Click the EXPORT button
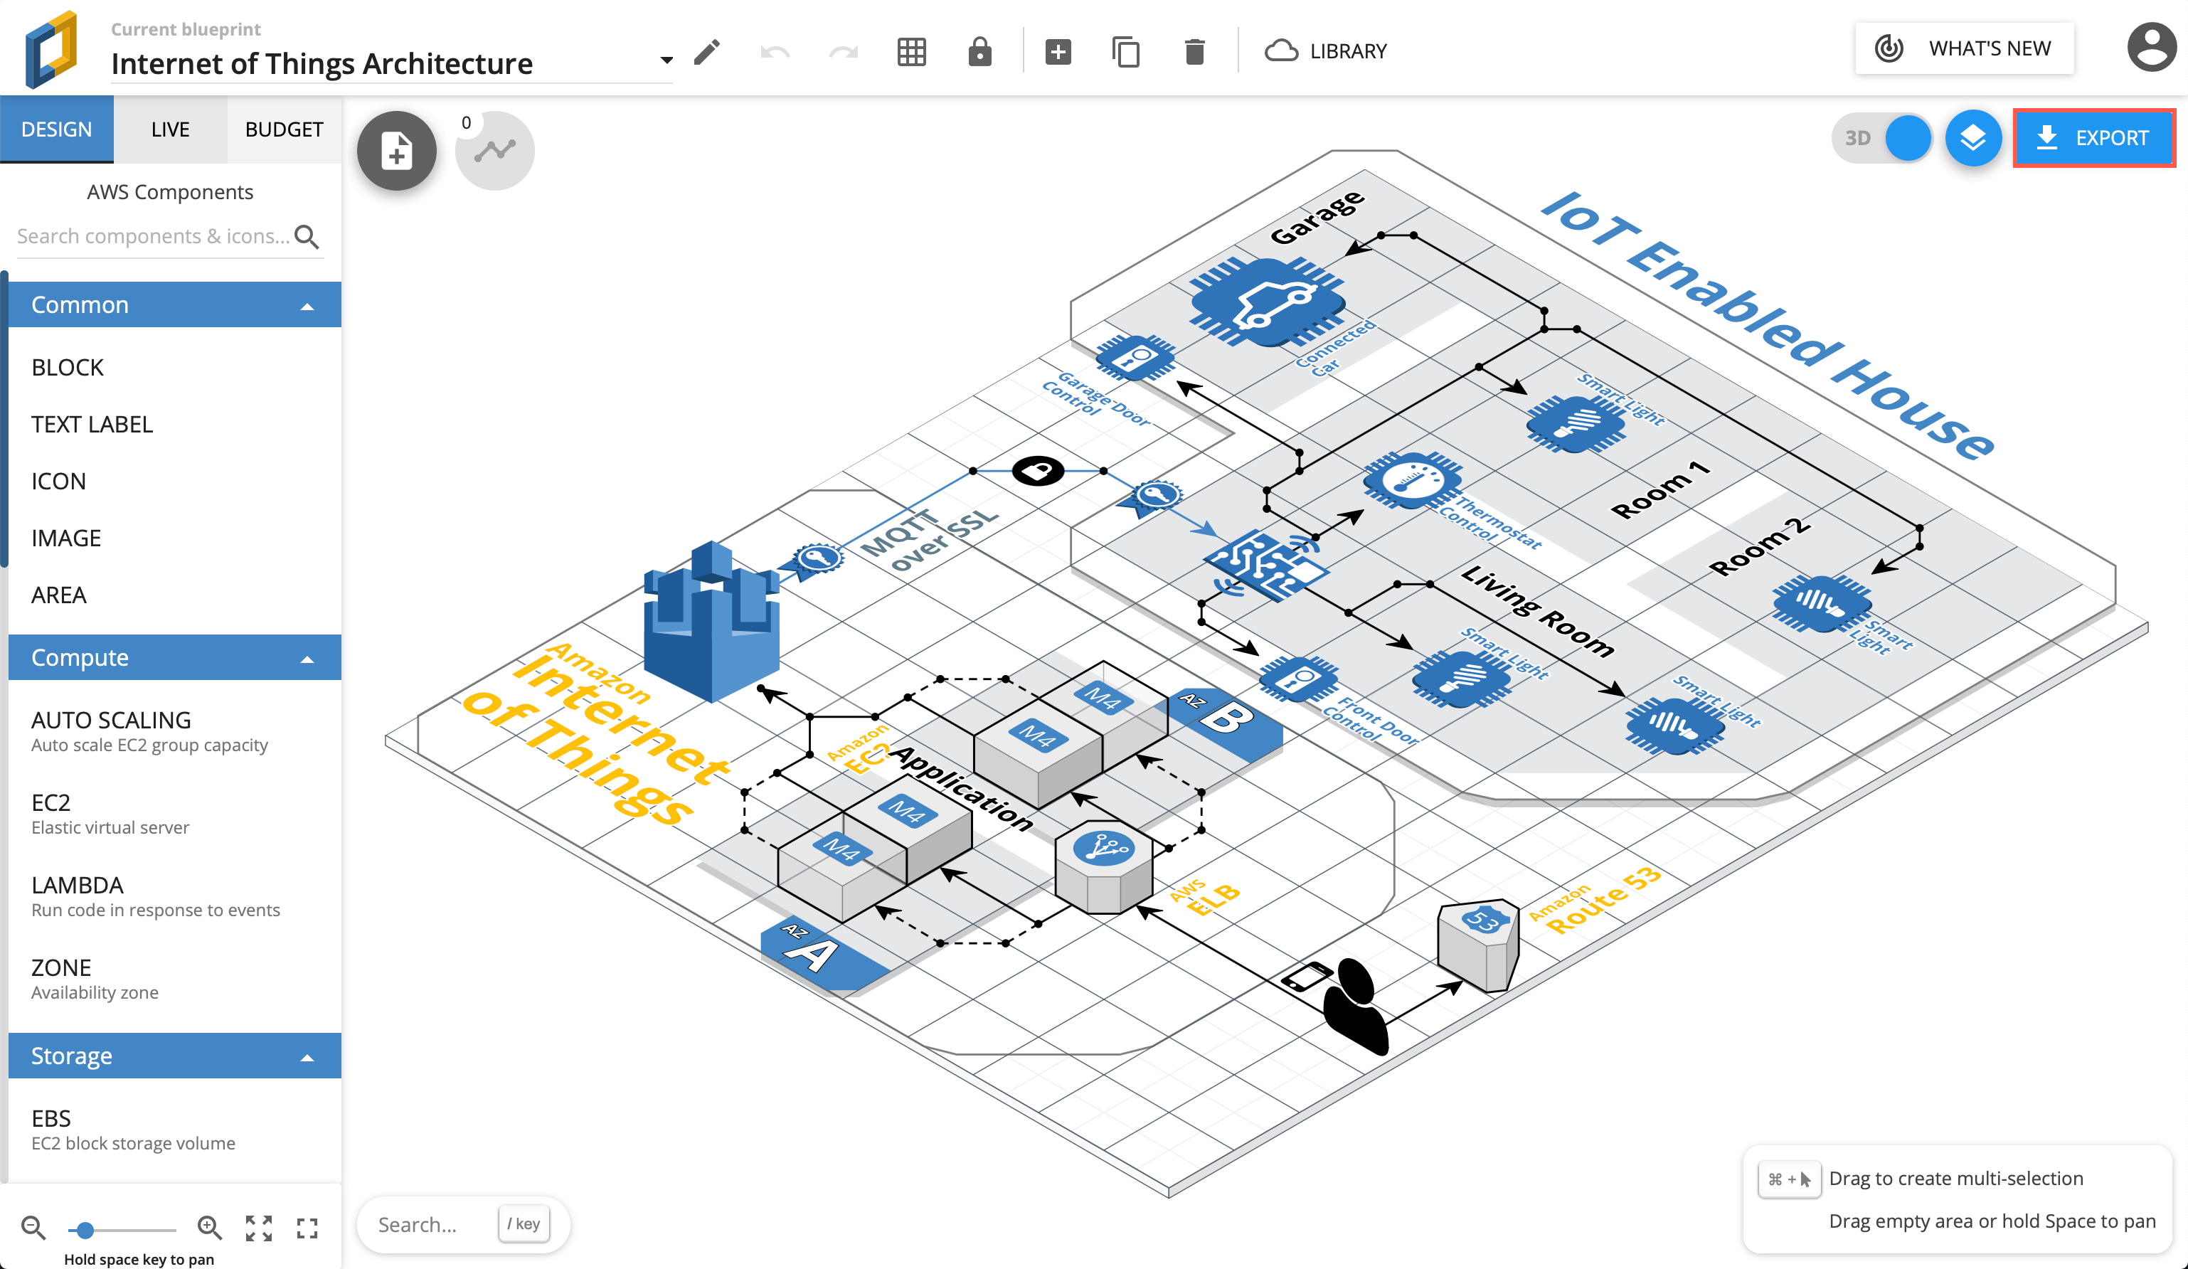point(2093,138)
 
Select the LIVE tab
point(170,129)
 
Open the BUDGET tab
point(284,129)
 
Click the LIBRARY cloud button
point(1326,51)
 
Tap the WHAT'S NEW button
point(1964,48)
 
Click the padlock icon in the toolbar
point(979,51)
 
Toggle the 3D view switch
point(1882,138)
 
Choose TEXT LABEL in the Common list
point(92,425)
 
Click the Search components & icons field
point(154,236)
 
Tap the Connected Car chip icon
point(1267,301)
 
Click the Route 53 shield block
point(1479,945)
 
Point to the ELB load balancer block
point(1103,866)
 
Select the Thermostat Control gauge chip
point(1412,480)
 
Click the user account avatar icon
point(2151,48)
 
